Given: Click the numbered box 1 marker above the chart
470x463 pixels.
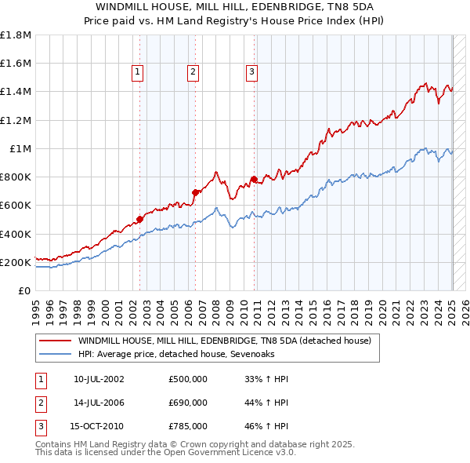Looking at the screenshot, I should click(x=138, y=72).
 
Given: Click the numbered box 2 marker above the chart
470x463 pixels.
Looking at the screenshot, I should click(x=193, y=72).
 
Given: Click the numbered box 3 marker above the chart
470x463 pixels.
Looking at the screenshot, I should click(x=251, y=72).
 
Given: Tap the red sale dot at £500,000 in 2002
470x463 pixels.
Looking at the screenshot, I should click(x=140, y=219).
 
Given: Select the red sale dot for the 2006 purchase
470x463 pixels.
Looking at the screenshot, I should click(x=195, y=191).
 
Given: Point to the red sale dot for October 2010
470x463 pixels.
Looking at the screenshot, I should click(x=254, y=178).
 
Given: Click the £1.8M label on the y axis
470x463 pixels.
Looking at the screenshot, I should click(x=16, y=35).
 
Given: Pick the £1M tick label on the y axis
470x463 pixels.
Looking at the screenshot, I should click(x=20, y=148).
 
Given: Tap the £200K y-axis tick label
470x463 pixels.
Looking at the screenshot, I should click(x=16, y=262).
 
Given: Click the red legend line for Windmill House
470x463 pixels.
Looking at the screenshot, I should click(x=55, y=341).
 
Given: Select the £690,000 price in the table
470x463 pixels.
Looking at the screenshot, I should click(x=188, y=403).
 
